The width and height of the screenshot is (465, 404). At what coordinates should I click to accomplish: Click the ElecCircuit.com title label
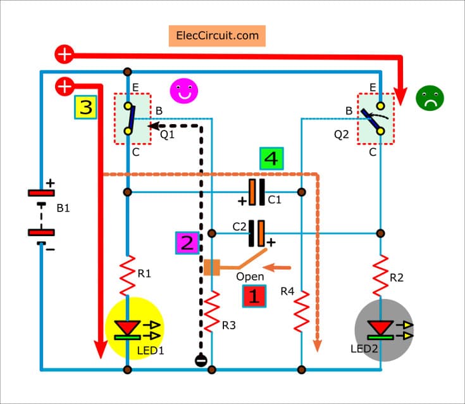pos(217,35)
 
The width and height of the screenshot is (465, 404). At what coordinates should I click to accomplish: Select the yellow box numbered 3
pos(85,108)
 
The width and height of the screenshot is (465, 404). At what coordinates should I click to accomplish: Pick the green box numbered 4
pos(271,160)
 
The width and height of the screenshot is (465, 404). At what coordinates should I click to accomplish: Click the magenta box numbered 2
pos(187,243)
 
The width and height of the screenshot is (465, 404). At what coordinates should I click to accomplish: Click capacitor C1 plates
pos(256,192)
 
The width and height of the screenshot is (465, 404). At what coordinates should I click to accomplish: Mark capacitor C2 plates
pos(256,233)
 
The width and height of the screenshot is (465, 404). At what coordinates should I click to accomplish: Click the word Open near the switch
pos(250,277)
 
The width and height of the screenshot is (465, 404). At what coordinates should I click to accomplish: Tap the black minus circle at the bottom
pos(201,360)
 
